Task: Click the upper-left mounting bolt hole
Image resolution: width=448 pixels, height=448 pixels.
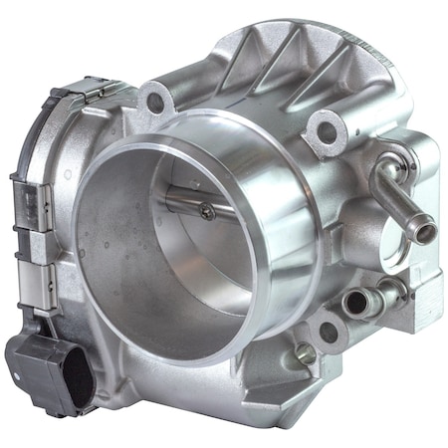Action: pos(153,100)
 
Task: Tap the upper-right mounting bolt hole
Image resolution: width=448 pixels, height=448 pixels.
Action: pos(321,128)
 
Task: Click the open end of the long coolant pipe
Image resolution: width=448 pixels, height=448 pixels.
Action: pos(425,233)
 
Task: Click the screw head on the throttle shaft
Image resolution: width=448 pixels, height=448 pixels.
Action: pos(206,210)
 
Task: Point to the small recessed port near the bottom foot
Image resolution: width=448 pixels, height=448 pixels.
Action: pos(305,353)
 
